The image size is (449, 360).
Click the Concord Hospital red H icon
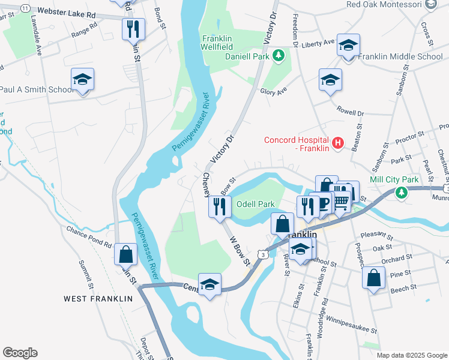click(x=338, y=143)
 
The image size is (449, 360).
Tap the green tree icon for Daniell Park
click(x=278, y=56)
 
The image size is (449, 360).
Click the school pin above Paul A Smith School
click(x=83, y=80)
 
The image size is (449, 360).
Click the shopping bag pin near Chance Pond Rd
click(x=126, y=254)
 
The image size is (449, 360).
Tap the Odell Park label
click(x=255, y=204)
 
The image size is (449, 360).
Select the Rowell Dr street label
click(x=351, y=112)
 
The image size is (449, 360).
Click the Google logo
click(x=20, y=353)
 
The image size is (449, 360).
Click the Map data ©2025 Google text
click(x=411, y=355)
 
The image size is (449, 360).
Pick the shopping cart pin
click(x=341, y=200)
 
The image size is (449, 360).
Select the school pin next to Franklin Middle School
click(x=348, y=46)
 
